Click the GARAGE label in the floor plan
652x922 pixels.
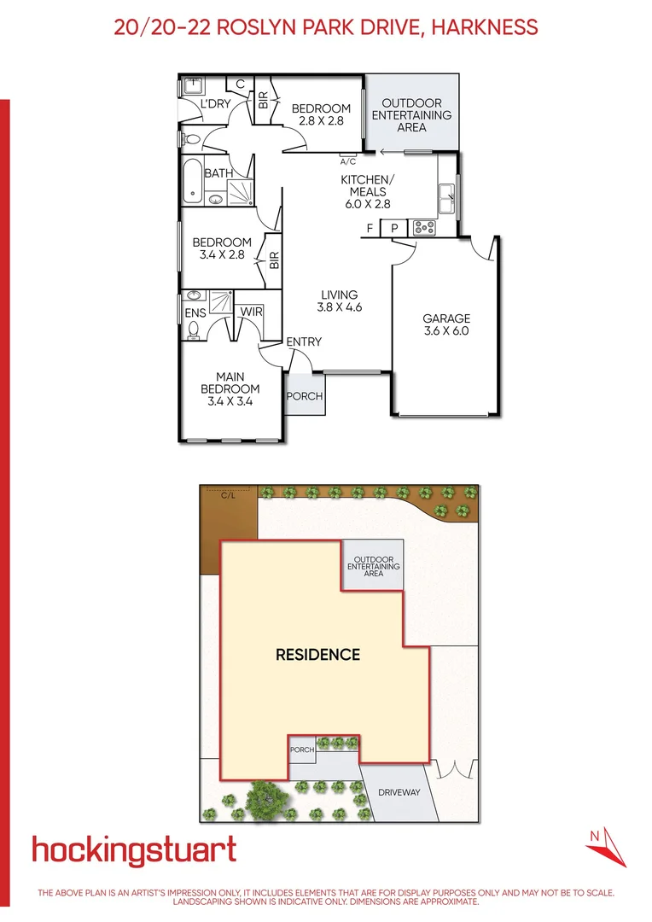pos(446,324)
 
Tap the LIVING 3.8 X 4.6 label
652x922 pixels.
pos(340,301)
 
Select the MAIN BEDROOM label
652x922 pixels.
pos(230,389)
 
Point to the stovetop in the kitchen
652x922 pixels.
pos(423,228)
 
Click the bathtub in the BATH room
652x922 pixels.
pos(192,183)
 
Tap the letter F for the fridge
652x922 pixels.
pos(370,228)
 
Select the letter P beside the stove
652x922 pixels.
pos(394,228)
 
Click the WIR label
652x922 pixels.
pos(251,312)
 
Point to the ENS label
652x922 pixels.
pos(195,312)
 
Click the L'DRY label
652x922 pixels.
pos(216,104)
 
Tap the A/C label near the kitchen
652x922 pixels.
pos(347,161)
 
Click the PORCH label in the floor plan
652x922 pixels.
pos(304,396)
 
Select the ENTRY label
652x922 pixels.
pos(304,341)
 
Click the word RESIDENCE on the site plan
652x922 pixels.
pos(317,655)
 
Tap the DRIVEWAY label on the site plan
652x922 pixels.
pos(399,792)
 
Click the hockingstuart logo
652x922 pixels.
pos(134,850)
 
